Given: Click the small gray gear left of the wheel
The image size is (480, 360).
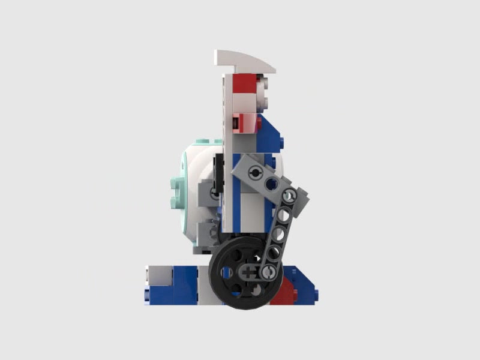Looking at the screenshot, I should pyautogui.click(x=213, y=231).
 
